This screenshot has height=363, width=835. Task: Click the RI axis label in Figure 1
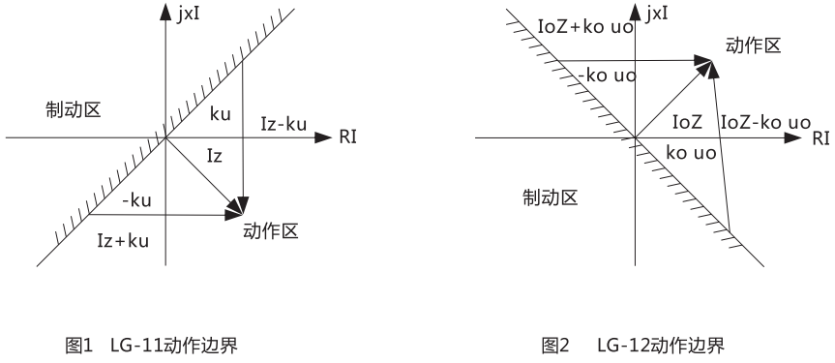point(347,138)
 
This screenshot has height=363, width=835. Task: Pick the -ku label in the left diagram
point(137,202)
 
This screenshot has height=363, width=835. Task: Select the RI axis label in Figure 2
point(820,138)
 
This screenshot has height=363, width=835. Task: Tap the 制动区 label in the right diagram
point(550,198)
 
